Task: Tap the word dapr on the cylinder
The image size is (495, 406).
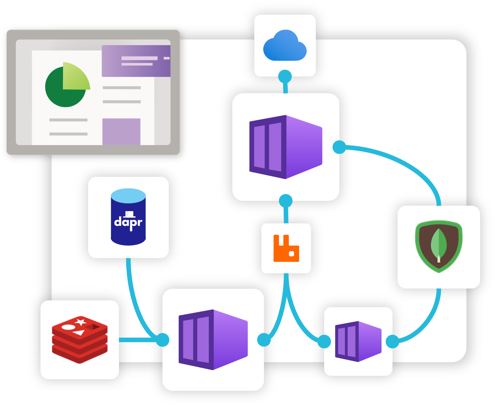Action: pyautogui.click(x=128, y=222)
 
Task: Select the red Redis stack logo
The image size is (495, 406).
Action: pyautogui.click(x=80, y=339)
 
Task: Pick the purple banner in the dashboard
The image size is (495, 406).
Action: pyautogui.click(x=136, y=61)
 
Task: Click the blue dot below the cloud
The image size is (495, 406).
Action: pyautogui.click(x=285, y=76)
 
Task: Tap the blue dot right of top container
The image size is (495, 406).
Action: pyautogui.click(x=339, y=147)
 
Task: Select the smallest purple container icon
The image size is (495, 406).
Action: pyautogui.click(x=358, y=341)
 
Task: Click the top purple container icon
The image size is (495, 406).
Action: pyautogui.click(x=286, y=147)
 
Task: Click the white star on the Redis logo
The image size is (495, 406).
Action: pyautogui.click(x=80, y=322)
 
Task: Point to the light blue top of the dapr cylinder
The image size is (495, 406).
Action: pyautogui.click(x=128, y=196)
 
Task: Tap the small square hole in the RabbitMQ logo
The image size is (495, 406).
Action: pyautogui.click(x=292, y=254)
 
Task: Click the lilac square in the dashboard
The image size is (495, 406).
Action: pyautogui.click(x=121, y=131)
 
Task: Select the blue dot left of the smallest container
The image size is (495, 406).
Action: pyautogui.click(x=324, y=341)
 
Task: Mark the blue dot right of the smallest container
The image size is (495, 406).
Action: pyautogui.click(x=393, y=341)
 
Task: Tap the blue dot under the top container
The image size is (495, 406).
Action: pyautogui.click(x=286, y=201)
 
